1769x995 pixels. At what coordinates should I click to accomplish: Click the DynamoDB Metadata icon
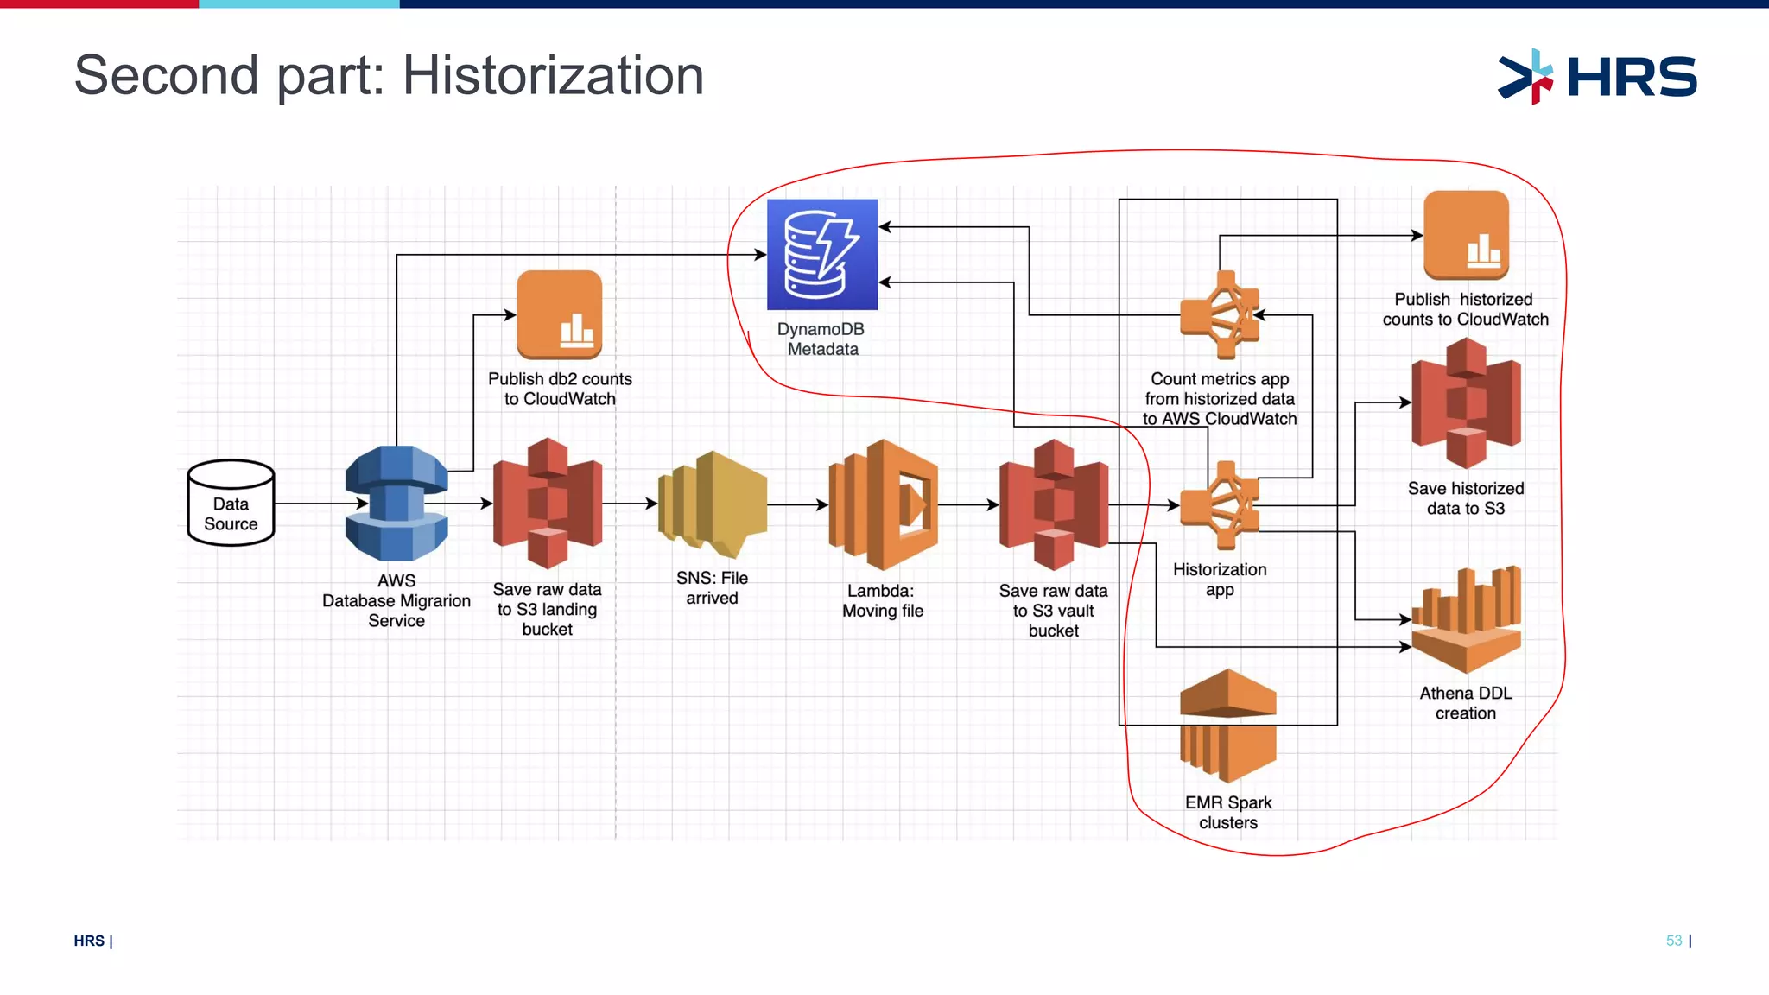coord(822,255)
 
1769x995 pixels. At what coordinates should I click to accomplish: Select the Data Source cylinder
coord(231,503)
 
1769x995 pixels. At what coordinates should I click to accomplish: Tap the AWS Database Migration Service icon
coord(396,504)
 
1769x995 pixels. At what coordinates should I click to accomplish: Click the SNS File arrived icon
coord(713,504)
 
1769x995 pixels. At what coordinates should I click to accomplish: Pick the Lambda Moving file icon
coord(883,504)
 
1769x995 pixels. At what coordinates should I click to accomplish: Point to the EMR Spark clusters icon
coord(1227,726)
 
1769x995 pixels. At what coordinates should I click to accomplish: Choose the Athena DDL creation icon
coord(1466,619)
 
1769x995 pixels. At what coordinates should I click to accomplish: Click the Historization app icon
coord(1221,505)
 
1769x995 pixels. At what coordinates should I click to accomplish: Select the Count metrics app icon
coord(1221,315)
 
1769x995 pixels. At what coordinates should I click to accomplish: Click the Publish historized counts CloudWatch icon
coord(1466,235)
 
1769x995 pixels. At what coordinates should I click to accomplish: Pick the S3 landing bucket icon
coord(548,504)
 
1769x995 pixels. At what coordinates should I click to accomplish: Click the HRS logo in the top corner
coord(1598,77)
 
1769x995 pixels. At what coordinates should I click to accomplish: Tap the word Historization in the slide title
coord(553,75)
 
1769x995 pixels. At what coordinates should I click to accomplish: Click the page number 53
coord(1674,941)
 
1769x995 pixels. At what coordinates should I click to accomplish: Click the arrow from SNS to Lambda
coord(797,504)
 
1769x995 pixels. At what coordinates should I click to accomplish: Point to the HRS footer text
coord(90,941)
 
